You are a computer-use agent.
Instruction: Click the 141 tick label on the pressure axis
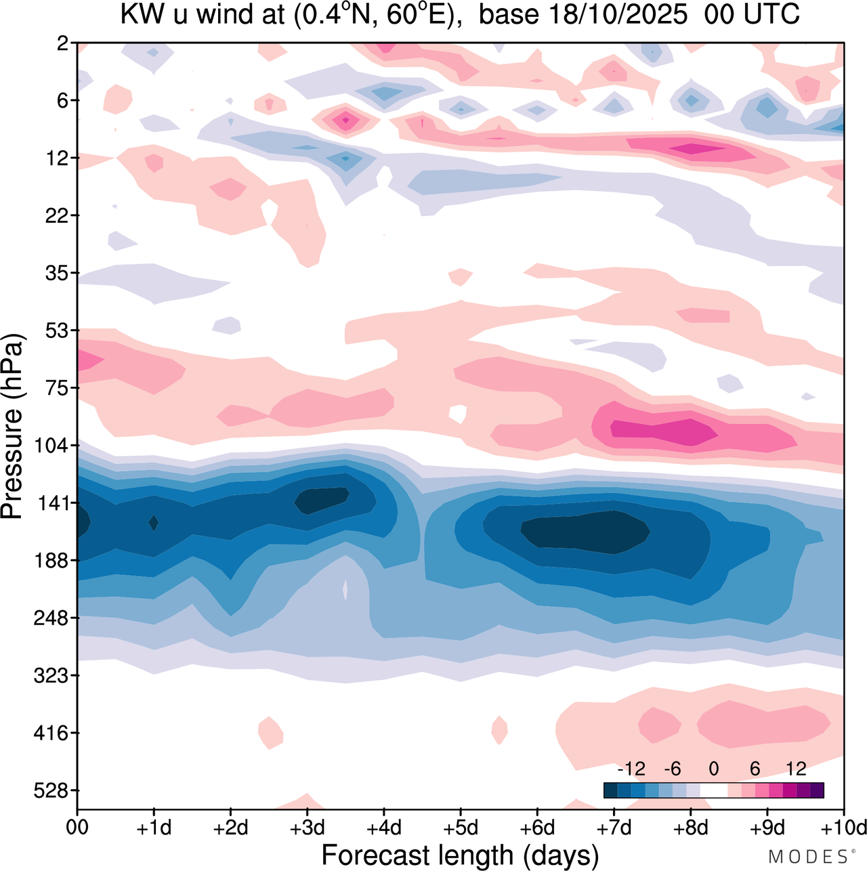pos(55,503)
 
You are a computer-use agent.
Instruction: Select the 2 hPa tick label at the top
pos(63,43)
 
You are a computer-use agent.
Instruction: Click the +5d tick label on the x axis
pos(460,828)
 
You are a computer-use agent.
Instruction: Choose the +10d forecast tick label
pos(843,828)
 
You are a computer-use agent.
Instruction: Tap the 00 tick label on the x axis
pos(77,828)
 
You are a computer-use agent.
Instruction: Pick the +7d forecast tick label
pos(614,828)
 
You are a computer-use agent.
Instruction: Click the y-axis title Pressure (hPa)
pos(12,427)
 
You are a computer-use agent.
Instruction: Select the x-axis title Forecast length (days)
pos(460,855)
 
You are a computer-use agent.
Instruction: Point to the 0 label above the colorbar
pos(713,769)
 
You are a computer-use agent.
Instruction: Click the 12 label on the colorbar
pos(796,769)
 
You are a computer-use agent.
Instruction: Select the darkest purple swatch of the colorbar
pos(817,790)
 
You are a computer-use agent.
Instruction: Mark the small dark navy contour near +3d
pos(322,500)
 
